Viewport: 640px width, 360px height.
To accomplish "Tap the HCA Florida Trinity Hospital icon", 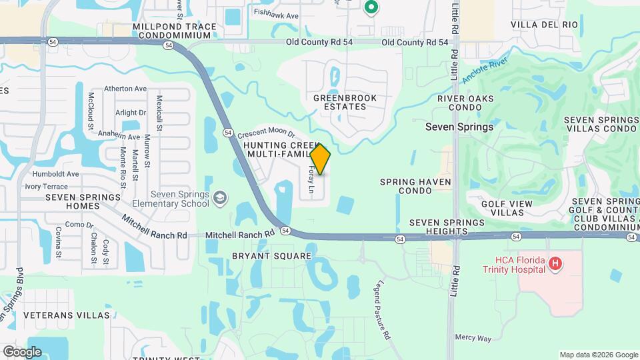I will (554, 264).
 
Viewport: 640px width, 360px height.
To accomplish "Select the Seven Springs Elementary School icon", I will (220, 198).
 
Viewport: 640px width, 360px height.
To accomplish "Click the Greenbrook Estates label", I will (345, 102).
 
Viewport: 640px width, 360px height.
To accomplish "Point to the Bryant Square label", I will (271, 256).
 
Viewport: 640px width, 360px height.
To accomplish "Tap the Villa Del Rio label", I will (544, 25).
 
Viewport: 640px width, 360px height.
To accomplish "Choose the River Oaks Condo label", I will (465, 103).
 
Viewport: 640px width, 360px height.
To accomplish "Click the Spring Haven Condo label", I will (415, 186).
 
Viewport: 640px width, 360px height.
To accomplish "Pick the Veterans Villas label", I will (66, 315).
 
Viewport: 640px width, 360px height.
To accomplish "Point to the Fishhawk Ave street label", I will (276, 13).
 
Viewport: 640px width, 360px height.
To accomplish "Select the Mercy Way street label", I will (473, 338).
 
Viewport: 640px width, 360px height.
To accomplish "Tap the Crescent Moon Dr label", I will (266, 133).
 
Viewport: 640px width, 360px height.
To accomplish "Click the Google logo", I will (22, 352).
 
